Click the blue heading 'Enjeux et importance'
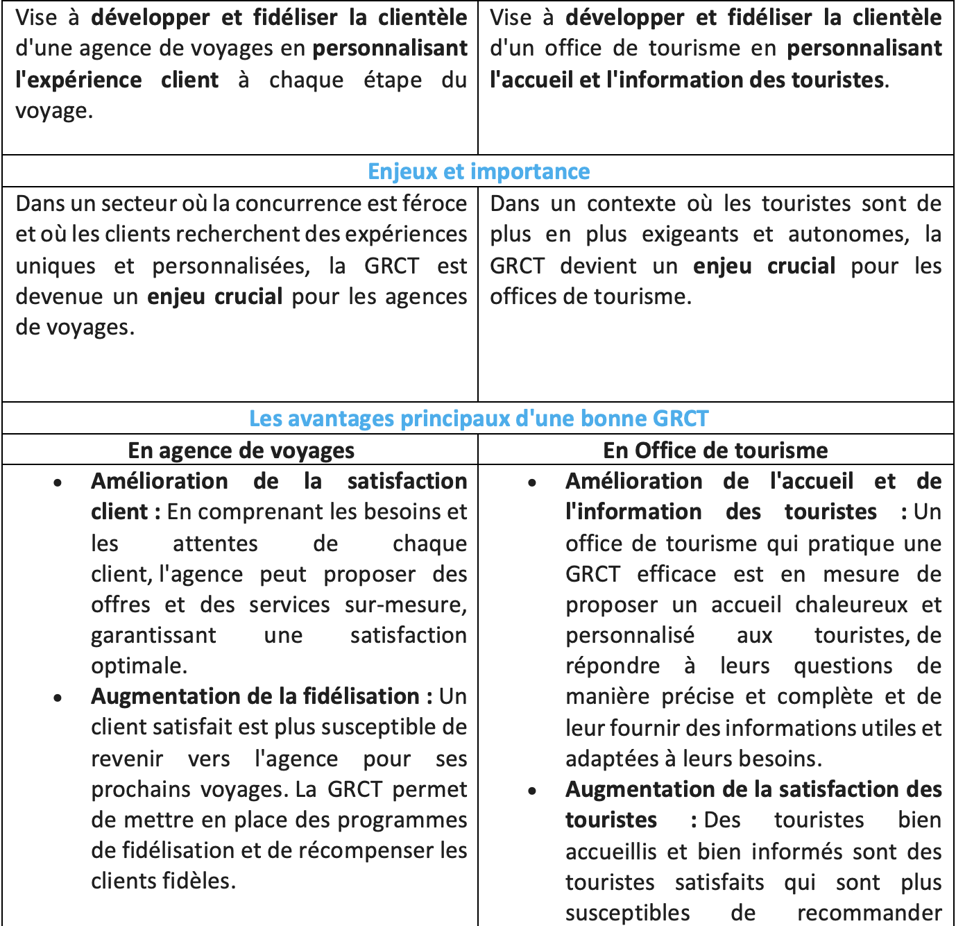479,171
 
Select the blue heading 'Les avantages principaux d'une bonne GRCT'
479,419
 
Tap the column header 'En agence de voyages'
241,451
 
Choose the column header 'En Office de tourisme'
715,451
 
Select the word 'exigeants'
690,235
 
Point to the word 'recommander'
869,913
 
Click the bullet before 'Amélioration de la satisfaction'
58,482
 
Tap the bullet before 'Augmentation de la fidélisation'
58,698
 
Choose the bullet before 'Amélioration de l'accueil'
532,482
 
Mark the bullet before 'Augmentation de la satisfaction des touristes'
532,791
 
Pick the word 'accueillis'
612,852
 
